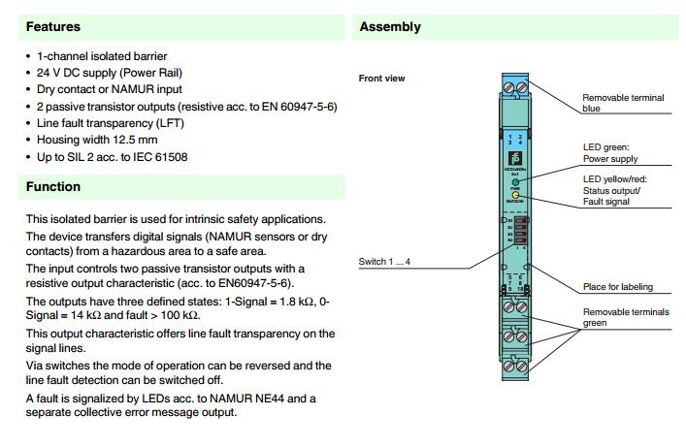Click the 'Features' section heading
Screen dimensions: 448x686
point(53,27)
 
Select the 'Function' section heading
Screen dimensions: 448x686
point(53,186)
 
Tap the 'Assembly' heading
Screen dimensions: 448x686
point(390,27)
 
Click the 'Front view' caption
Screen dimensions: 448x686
point(381,79)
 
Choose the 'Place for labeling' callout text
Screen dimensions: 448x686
point(617,287)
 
